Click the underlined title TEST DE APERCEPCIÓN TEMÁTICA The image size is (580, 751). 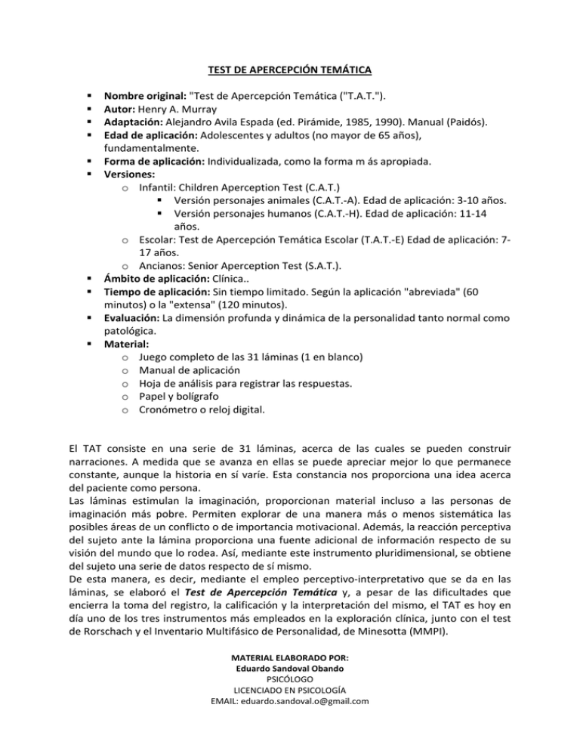pos(290,71)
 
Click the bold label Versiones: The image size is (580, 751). pos(130,173)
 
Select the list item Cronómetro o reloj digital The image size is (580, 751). pos(202,409)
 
